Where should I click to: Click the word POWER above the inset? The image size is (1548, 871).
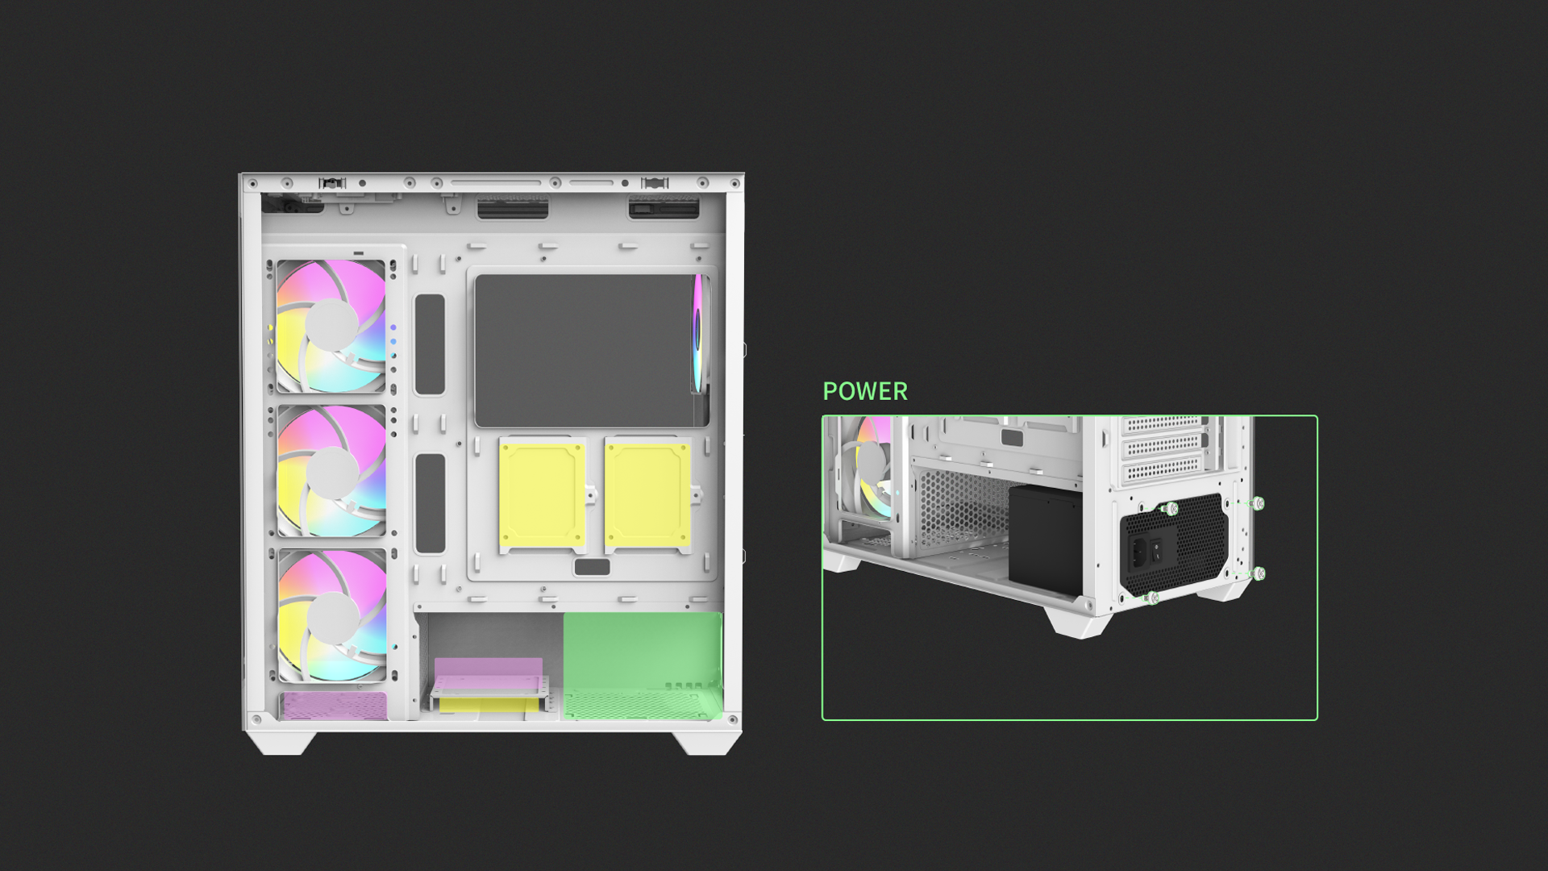[864, 391]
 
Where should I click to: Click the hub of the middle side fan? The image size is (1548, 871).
[332, 472]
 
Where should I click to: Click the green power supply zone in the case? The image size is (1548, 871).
[643, 665]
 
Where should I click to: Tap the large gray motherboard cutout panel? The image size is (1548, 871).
[585, 351]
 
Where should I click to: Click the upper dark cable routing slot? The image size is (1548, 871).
[430, 344]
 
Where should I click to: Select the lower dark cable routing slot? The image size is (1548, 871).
[430, 503]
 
